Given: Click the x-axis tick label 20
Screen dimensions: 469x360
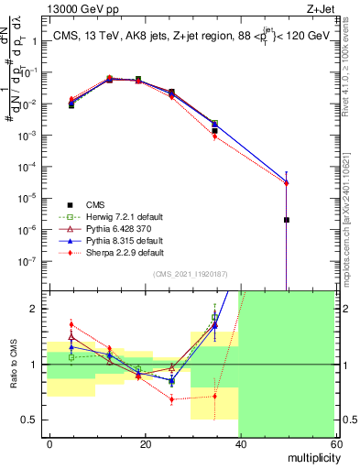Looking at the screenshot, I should [146, 443].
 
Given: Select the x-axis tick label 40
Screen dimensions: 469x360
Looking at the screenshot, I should [241, 443].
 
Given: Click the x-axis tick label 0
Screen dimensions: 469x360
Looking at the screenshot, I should [50, 443].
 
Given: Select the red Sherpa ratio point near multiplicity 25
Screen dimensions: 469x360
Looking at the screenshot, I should [171, 399].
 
